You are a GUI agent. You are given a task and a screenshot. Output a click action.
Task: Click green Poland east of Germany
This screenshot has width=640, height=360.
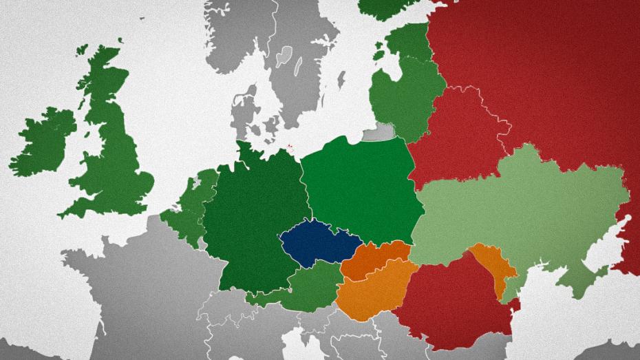[x=358, y=186]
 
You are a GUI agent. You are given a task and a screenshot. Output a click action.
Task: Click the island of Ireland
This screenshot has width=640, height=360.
[x=45, y=141]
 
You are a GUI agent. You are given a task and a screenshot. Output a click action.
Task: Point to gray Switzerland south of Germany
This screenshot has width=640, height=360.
[x=227, y=310]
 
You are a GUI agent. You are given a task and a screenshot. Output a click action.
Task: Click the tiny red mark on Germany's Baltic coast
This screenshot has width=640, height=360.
[x=291, y=147]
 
